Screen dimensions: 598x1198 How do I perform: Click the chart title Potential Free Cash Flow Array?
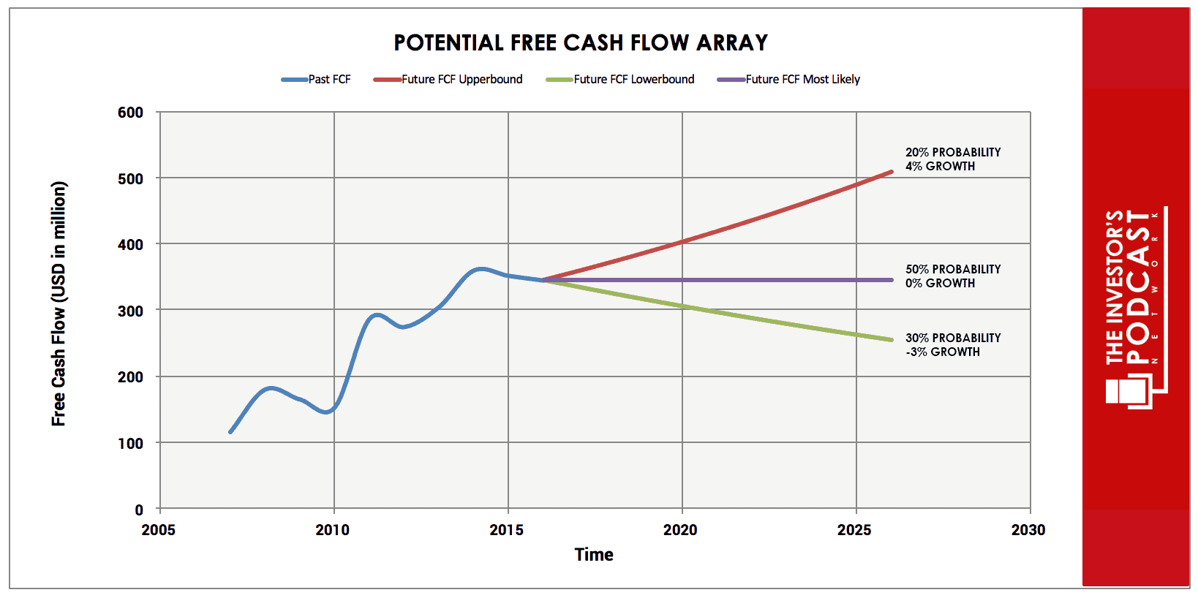tap(581, 43)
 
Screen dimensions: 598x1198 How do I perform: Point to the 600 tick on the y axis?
tap(131, 113)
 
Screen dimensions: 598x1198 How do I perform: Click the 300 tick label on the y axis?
tap(131, 311)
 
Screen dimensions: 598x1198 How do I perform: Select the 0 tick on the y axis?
tap(139, 510)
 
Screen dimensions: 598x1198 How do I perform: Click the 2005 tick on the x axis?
tap(159, 530)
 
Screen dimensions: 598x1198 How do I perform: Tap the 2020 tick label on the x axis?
tap(681, 530)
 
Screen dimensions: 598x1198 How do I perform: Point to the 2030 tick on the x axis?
tap(1029, 530)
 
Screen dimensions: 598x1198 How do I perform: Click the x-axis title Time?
tap(594, 555)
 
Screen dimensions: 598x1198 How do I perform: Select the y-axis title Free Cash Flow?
tap(59, 304)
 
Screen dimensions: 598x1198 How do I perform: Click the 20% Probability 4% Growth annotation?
tap(952, 159)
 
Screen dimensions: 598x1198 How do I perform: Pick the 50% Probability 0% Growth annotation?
tap(952, 276)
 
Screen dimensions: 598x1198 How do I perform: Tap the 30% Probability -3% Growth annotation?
tap(952, 345)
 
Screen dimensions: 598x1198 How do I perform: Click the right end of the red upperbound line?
tap(892, 172)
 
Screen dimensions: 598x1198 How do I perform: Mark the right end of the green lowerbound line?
tap(892, 340)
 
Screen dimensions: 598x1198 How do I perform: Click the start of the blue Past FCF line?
tap(230, 432)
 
